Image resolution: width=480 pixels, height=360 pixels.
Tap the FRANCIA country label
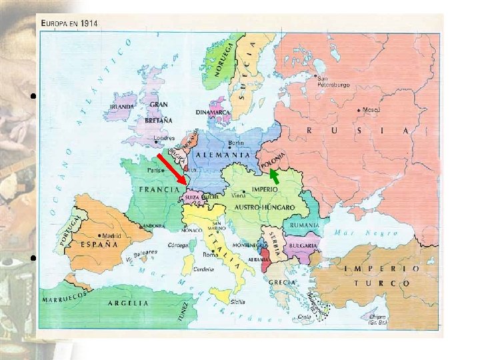(x=157, y=189)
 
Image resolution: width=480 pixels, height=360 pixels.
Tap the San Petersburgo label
(x=323, y=81)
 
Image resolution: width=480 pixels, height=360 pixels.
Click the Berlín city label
(x=235, y=143)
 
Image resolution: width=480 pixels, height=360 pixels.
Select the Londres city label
(x=163, y=139)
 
